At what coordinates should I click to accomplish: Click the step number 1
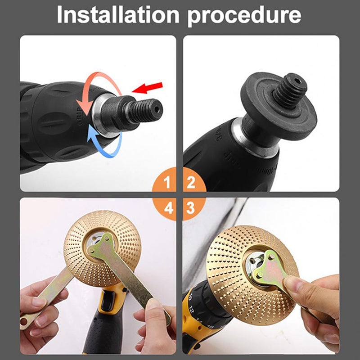(x=167, y=183)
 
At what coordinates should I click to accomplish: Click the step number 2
(x=191, y=183)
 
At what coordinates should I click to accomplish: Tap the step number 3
(x=191, y=208)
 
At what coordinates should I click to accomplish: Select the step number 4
(x=167, y=208)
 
